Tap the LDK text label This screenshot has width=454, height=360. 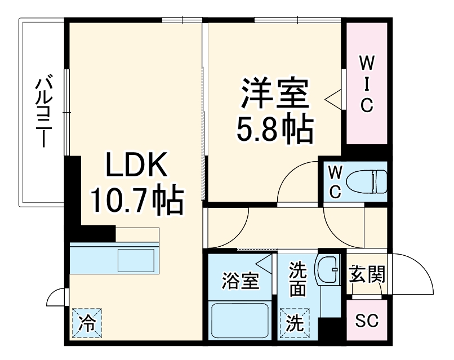click(135, 167)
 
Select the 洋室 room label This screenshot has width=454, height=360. click(275, 95)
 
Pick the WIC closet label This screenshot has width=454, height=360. click(367, 83)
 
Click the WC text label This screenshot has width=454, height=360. click(335, 181)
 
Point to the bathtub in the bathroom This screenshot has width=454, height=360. click(239, 322)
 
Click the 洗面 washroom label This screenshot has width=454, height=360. click(297, 280)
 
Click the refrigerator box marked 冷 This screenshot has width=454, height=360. click(86, 323)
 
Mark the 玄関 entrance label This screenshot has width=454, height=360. click(366, 275)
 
